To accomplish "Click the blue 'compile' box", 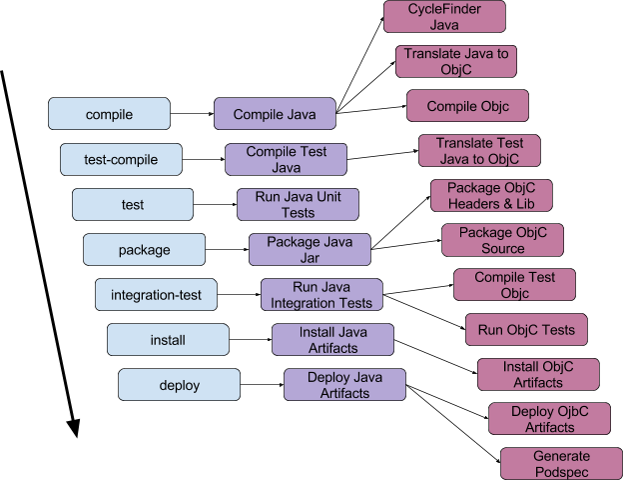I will click(109, 114).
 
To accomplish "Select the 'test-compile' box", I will click(121, 159).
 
